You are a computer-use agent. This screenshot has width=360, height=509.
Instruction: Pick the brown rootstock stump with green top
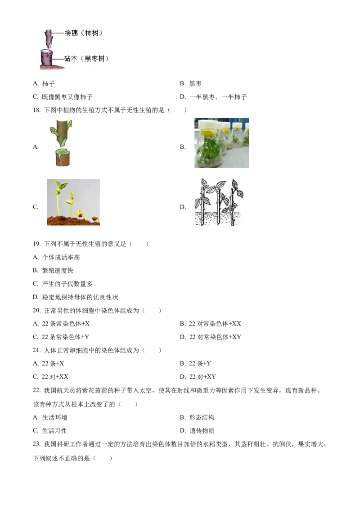[x=63, y=158]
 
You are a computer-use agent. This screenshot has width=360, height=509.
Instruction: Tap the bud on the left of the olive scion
[x=54, y=132]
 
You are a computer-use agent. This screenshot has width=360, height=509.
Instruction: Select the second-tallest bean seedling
[x=71, y=202]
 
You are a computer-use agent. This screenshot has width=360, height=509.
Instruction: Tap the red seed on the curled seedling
[x=81, y=215]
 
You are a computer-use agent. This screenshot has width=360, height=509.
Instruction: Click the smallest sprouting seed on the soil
[x=95, y=219]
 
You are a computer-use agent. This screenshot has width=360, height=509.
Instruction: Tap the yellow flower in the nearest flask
[x=208, y=134]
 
